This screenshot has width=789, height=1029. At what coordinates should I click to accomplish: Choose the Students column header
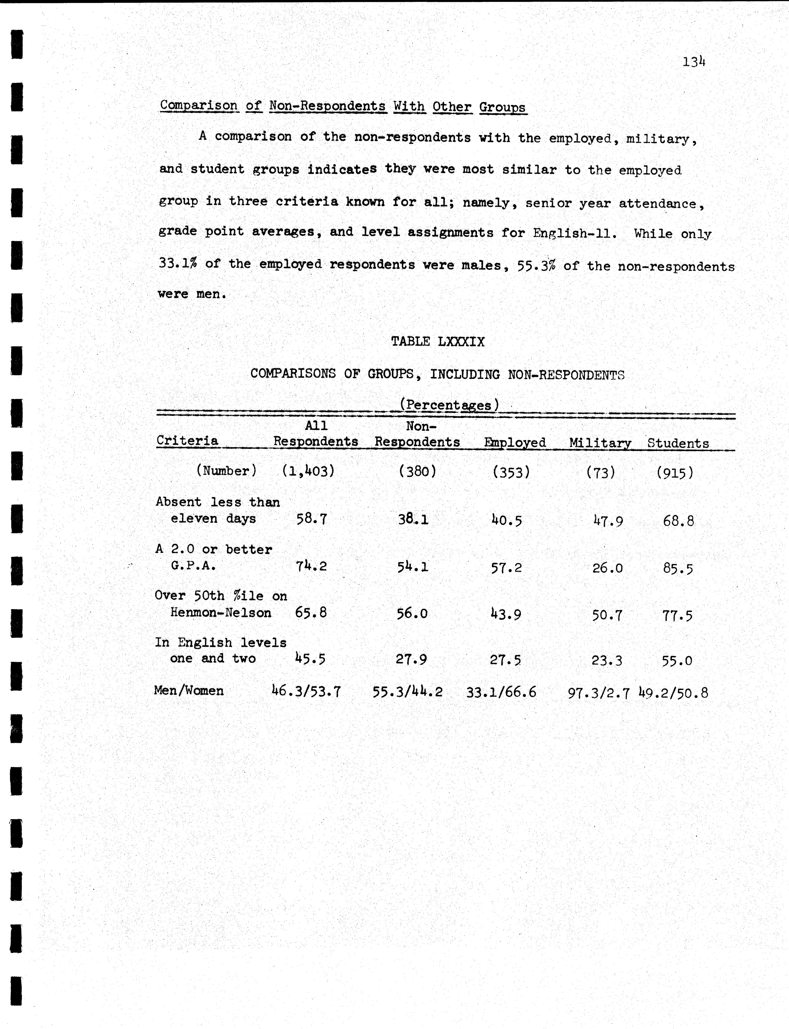tap(678, 443)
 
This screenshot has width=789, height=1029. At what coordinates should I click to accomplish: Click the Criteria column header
tap(187, 441)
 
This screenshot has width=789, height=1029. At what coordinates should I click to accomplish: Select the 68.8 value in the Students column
tap(678, 521)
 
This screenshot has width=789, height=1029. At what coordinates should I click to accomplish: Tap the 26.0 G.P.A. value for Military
tap(607, 568)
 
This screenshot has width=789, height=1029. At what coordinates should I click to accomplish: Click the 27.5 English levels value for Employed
tap(505, 660)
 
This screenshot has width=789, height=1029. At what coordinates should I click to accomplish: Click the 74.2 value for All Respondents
tap(311, 566)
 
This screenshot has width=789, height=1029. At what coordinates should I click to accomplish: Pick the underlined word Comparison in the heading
tap(199, 105)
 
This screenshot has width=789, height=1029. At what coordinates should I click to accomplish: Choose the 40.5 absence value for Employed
tap(506, 520)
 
